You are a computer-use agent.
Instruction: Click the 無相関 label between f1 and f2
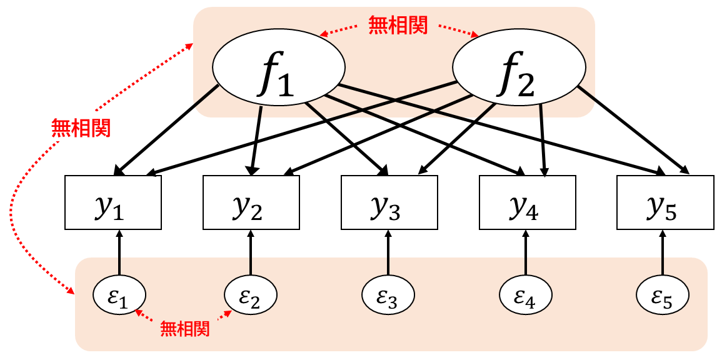pos(398,26)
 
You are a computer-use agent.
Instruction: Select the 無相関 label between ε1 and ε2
pos(184,327)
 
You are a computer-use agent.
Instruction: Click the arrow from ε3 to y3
pos(388,252)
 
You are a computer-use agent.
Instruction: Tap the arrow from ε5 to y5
pos(663,252)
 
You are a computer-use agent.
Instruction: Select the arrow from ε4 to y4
pos(526,252)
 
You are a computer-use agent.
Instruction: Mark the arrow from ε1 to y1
pos(119,252)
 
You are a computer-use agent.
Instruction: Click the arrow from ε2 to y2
pos(250,252)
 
